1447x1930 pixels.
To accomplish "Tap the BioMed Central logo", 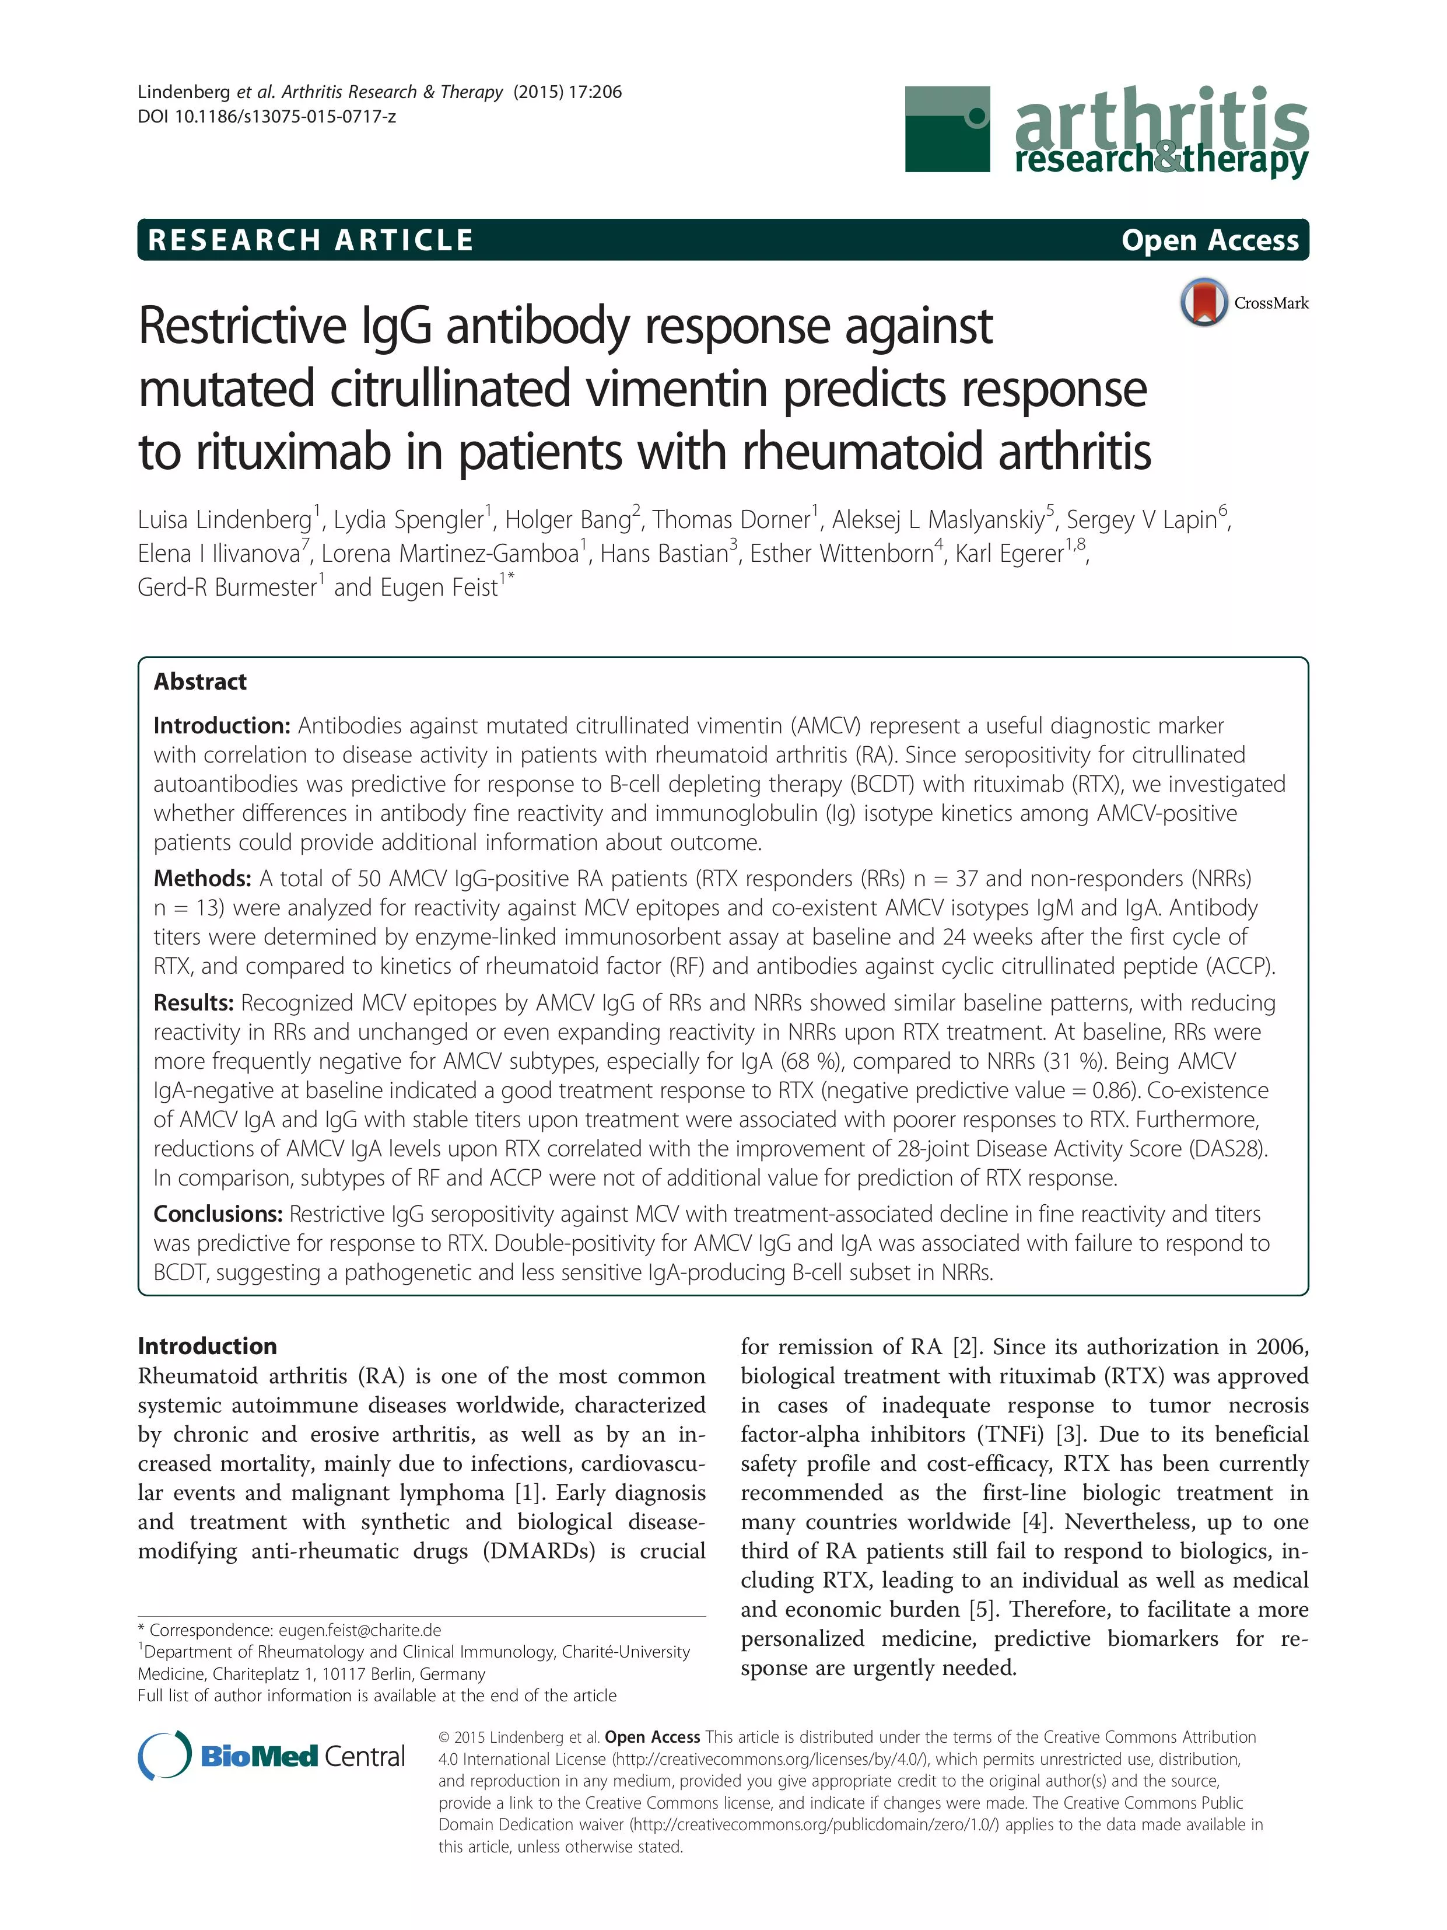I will pyautogui.click(x=272, y=1756).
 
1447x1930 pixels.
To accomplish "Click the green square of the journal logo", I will pyautogui.click(x=947, y=128).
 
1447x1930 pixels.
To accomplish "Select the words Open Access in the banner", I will pyautogui.click(x=1209, y=240).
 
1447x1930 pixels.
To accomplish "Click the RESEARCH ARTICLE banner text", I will pyautogui.click(x=310, y=240).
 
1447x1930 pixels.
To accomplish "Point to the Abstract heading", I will pyautogui.click(x=199, y=681).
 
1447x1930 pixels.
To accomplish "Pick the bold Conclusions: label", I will pyautogui.click(x=218, y=1214).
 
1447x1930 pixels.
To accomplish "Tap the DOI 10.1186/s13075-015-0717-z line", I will pyautogui.click(x=267, y=116).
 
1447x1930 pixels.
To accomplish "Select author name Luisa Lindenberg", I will pyautogui.click(x=225, y=520).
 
